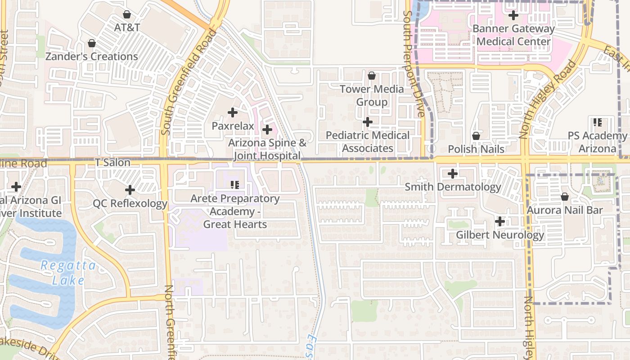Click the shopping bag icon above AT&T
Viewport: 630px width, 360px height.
[127, 14]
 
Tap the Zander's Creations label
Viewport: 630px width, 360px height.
[92, 57]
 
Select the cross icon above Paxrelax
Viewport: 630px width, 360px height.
[233, 112]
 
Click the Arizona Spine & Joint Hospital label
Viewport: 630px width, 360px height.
[267, 149]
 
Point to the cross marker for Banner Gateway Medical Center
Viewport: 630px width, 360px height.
[513, 15]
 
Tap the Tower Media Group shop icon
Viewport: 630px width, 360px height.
[372, 76]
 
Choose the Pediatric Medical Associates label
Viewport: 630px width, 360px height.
[368, 142]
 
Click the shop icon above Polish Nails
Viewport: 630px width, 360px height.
[476, 136]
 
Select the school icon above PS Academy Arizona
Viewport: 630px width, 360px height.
[598, 122]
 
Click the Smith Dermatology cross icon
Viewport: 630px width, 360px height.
[453, 174]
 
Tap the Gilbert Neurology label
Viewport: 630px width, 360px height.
[500, 235]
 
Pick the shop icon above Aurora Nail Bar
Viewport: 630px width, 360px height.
[564, 197]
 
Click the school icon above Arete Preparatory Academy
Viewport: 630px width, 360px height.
[234, 184]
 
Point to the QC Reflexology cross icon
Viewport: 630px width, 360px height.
[130, 190]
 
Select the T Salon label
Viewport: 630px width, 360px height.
[112, 162]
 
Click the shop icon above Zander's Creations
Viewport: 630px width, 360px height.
[92, 44]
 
